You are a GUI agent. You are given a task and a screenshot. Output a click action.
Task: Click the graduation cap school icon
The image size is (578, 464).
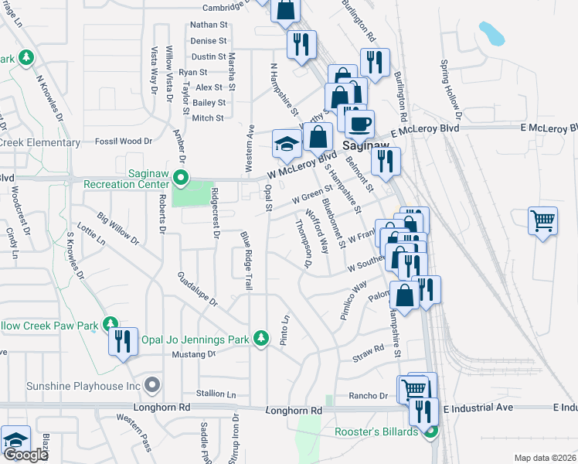(x=286, y=145)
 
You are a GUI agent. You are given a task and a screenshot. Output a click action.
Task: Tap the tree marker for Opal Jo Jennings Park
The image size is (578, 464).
(x=261, y=338)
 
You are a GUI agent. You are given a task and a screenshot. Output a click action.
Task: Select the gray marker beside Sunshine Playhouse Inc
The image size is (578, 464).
(x=152, y=384)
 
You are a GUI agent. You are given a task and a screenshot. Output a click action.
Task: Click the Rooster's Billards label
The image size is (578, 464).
(x=376, y=432)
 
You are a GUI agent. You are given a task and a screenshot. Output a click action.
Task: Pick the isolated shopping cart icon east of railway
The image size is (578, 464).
(x=542, y=220)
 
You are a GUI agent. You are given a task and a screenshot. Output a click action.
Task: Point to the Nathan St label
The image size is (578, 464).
(x=209, y=25)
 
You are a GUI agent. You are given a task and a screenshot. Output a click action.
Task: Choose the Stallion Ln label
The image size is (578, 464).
(x=216, y=394)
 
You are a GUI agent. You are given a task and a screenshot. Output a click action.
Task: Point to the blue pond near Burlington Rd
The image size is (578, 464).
(x=491, y=33)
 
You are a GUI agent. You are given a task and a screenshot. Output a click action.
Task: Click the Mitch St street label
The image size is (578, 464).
(x=208, y=118)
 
